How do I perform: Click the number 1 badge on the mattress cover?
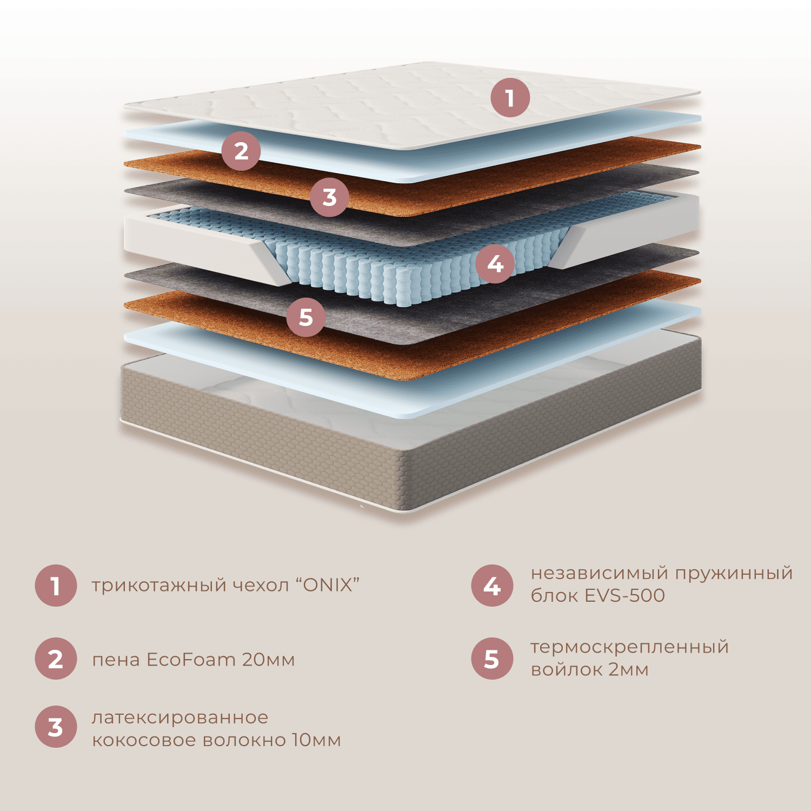click(510, 98)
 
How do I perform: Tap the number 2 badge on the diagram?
click(241, 151)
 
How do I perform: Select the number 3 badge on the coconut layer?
click(329, 197)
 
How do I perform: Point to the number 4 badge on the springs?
click(495, 264)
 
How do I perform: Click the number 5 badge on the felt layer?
click(305, 317)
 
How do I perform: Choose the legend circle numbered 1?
click(55, 586)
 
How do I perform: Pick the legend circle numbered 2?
click(55, 659)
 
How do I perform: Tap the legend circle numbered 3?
click(55, 727)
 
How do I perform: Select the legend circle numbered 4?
click(491, 586)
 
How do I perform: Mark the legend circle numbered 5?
click(491, 659)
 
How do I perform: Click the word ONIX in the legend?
click(328, 585)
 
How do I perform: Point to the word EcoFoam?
click(191, 660)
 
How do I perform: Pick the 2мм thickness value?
click(629, 669)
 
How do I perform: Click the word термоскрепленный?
click(630, 647)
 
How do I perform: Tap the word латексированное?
click(180, 717)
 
